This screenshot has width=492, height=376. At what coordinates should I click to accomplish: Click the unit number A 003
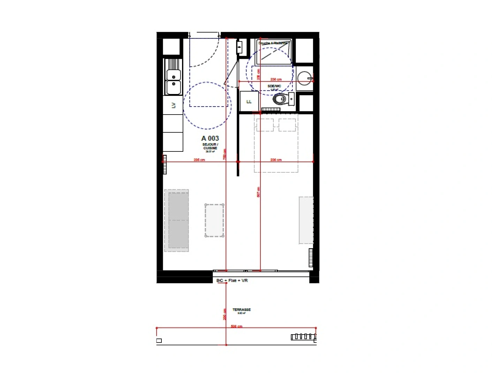[x=210, y=138]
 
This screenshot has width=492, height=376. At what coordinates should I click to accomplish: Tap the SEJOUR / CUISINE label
[x=210, y=146]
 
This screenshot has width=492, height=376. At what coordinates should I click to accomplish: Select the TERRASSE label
[x=241, y=310]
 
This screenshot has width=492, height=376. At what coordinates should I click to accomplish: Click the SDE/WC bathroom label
[x=274, y=86]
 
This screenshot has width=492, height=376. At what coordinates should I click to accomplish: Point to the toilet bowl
[x=280, y=100]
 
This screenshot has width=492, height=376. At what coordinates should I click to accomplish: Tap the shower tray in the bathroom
[x=274, y=53]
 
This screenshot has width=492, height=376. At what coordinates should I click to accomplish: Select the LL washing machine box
[x=249, y=101]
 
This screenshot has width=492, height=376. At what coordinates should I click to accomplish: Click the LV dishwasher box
[x=173, y=105]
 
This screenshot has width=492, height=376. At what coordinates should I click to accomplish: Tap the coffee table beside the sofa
[x=214, y=220]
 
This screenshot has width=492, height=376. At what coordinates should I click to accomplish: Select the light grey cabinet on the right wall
[x=306, y=220]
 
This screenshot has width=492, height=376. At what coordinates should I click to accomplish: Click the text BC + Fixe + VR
[x=232, y=280]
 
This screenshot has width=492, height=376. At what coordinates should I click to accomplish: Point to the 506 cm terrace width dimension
[x=236, y=326]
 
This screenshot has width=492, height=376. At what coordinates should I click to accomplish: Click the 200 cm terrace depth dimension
[x=225, y=314]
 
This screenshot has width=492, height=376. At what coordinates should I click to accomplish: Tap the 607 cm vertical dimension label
[x=258, y=192]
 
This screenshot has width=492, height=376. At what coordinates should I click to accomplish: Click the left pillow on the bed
[x=265, y=125]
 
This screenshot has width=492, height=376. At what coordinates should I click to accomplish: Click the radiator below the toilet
[x=271, y=110]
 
